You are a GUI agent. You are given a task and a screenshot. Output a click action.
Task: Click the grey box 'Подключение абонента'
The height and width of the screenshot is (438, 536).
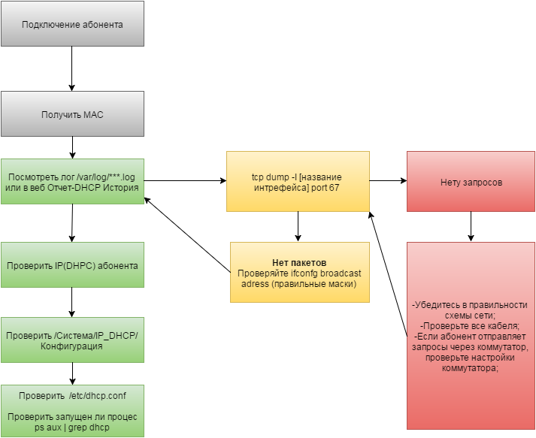pyautogui.click(x=72, y=24)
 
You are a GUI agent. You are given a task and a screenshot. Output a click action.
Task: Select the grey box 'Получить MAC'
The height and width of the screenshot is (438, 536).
pyautogui.click(x=72, y=114)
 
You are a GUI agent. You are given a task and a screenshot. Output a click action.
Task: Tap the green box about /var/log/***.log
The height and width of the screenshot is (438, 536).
pyautogui.click(x=72, y=182)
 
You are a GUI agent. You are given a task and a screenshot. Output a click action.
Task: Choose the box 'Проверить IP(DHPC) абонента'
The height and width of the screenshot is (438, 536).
pyautogui.click(x=72, y=265)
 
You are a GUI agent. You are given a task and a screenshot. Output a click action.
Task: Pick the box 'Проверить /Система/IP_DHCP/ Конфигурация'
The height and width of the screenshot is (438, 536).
pyautogui.click(x=72, y=340)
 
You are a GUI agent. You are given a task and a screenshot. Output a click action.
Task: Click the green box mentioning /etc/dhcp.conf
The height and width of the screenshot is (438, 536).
pyautogui.click(x=72, y=410)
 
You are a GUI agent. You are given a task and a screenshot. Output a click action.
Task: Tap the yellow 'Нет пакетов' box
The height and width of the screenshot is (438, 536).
pyautogui.click(x=299, y=272)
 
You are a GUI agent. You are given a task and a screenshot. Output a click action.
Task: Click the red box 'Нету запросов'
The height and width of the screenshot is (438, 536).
pyautogui.click(x=471, y=182)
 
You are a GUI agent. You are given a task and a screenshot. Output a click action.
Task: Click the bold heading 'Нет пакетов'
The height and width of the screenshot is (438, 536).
pyautogui.click(x=299, y=262)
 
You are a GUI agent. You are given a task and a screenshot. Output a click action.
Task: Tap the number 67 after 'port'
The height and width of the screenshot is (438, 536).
pyautogui.click(x=334, y=186)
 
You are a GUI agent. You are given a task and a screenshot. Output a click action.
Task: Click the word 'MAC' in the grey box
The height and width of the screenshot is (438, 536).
pyautogui.click(x=93, y=115)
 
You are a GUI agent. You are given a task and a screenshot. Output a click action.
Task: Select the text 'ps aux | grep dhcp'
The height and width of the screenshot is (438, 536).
pyautogui.click(x=72, y=427)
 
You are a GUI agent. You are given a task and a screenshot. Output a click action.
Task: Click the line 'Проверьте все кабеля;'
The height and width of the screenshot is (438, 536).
pyautogui.click(x=471, y=326)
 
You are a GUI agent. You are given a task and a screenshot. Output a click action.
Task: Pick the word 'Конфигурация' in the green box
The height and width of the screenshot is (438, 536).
pyautogui.click(x=72, y=346)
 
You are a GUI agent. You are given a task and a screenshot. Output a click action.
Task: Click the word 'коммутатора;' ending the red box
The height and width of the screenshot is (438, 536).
pyautogui.click(x=471, y=369)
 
